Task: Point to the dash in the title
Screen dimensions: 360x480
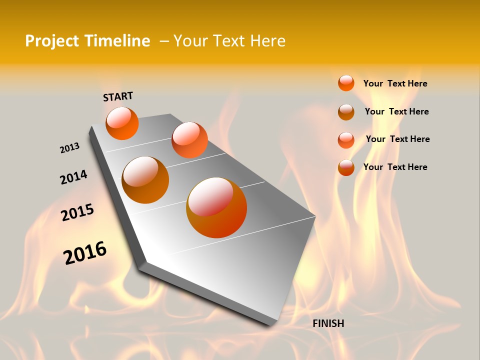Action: [x=164, y=41]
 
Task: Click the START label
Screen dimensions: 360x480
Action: [x=118, y=96]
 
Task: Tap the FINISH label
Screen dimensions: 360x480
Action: [x=328, y=323]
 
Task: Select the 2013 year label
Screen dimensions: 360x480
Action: [x=69, y=148]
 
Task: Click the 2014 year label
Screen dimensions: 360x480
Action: [x=73, y=177]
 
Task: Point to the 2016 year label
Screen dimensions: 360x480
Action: [x=85, y=252]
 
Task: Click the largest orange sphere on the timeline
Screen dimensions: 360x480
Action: [x=216, y=207]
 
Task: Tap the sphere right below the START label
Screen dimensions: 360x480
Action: [x=122, y=123]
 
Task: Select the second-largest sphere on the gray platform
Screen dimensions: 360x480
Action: [x=145, y=180]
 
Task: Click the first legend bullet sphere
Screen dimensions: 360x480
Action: [x=346, y=83]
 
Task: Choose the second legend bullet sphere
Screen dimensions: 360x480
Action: [x=346, y=112]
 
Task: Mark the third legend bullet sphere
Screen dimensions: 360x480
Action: [x=346, y=140]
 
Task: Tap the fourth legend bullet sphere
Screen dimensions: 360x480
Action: [x=346, y=167]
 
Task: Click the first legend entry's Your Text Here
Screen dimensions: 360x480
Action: [x=395, y=83]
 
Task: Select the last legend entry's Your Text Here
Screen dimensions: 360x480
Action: [x=395, y=167]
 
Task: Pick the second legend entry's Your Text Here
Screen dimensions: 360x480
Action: [x=396, y=111]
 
